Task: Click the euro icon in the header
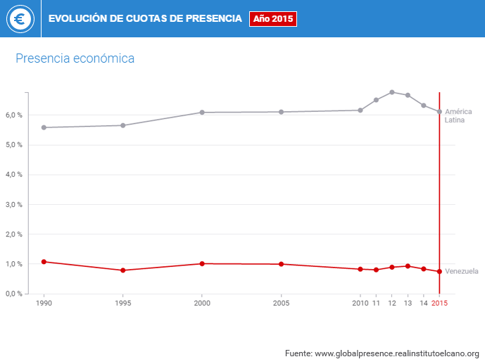(x=20, y=19)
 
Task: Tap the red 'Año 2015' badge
(x=273, y=19)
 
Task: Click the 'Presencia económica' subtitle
(x=75, y=58)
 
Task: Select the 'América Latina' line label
(x=458, y=115)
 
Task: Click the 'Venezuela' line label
(x=462, y=271)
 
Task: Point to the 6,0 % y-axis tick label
(x=14, y=115)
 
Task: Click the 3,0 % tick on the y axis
(x=14, y=204)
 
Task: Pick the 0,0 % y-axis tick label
(x=14, y=294)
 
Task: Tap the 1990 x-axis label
(x=44, y=303)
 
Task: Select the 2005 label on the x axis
(x=281, y=303)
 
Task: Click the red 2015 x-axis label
(x=439, y=303)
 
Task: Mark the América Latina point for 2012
(x=392, y=92)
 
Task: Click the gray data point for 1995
(x=123, y=125)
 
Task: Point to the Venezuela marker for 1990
(x=44, y=262)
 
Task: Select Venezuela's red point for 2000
(x=202, y=263)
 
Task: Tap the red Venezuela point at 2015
(x=439, y=271)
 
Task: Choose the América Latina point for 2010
(x=360, y=110)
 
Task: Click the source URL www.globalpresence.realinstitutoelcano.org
(x=396, y=353)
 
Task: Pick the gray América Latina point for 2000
(x=202, y=112)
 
